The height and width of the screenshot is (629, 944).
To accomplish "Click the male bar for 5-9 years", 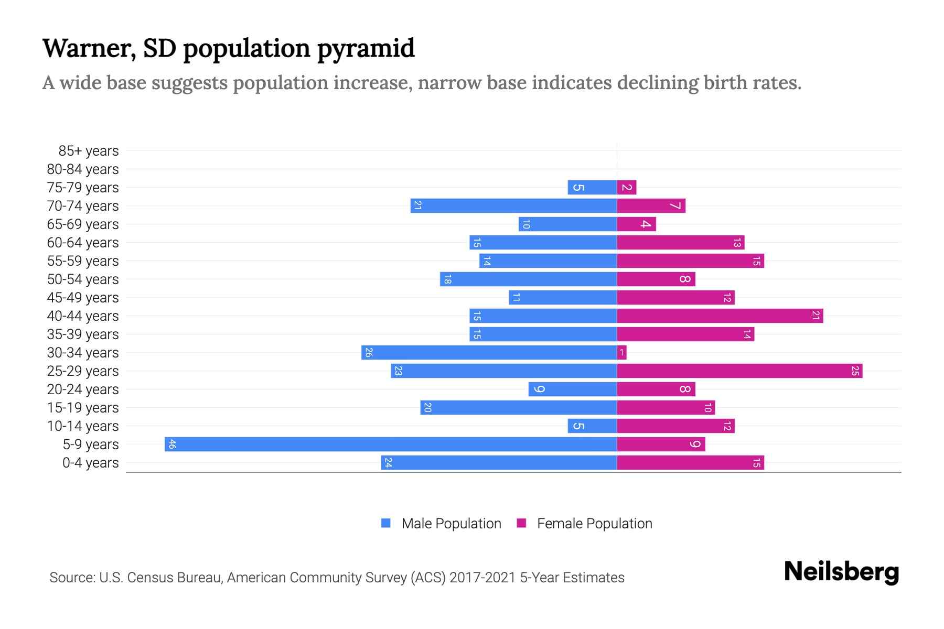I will [391, 444].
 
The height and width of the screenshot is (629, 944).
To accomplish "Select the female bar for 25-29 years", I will [739, 371].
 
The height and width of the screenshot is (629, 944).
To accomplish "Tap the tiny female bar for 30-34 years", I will [622, 353].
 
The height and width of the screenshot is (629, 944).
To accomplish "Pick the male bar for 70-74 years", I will [513, 206].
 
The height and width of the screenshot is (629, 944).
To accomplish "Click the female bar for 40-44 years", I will [720, 316].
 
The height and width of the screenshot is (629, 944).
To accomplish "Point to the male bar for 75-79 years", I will [592, 188].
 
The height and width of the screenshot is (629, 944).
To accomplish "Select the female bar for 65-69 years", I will [636, 224].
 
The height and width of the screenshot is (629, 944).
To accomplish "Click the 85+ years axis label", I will [88, 151].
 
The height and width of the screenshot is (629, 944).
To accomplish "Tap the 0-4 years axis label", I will [90, 463].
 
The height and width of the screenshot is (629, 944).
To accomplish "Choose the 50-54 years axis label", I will [83, 279].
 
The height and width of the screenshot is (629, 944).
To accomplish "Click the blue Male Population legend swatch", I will [386, 523].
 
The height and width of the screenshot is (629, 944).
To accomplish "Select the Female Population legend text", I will [594, 524].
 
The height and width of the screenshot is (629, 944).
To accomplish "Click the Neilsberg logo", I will [841, 572].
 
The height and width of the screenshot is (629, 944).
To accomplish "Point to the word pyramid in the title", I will [366, 48].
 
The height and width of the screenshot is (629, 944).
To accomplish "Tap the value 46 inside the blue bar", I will [172, 444].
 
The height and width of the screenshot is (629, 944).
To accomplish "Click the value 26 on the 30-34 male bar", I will [368, 353].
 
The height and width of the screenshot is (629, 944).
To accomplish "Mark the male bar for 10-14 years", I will [592, 426].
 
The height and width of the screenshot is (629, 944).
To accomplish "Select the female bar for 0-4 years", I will [690, 463].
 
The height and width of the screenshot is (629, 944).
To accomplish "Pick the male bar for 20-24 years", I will [572, 389].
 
